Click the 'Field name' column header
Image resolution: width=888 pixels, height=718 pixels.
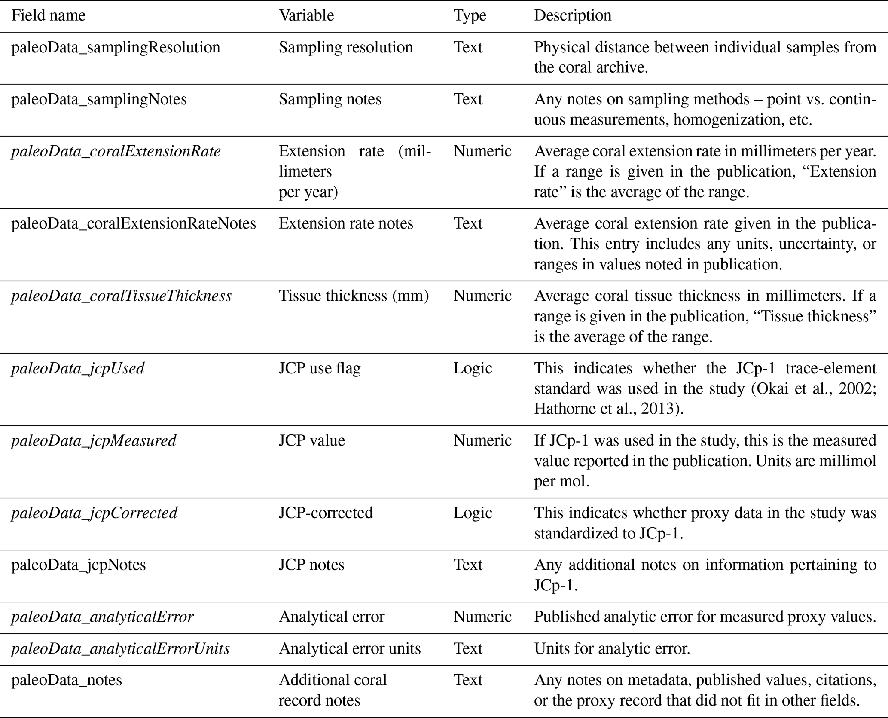pos(48,16)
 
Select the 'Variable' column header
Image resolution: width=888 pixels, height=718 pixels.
pos(306,16)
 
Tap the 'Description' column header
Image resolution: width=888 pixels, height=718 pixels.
pos(572,16)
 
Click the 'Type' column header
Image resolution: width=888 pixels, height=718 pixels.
pos(470,16)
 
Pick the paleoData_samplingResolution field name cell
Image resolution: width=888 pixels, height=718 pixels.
pos(116,47)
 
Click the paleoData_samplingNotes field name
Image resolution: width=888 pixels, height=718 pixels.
pos(99,99)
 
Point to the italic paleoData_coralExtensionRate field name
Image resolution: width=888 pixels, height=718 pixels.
pos(116,151)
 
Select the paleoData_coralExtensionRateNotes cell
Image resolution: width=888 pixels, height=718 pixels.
pos(134,223)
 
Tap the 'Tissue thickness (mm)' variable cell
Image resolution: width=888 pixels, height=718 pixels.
pos(354,296)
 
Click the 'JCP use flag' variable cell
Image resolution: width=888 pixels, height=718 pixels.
pos(320,368)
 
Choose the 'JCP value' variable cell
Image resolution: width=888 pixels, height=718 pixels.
pos(311,441)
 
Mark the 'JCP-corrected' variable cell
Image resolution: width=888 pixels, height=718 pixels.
pos(326,513)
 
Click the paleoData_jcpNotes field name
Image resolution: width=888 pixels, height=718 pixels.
pos(79,565)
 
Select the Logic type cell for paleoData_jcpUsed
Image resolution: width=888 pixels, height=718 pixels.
pos(473,368)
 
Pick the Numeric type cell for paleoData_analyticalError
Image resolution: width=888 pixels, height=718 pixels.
pos(482,617)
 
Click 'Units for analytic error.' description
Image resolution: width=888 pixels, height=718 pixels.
pos(612,648)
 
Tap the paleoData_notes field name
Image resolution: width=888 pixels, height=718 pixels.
pos(67,680)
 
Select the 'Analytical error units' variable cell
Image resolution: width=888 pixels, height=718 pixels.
pos(350,648)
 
